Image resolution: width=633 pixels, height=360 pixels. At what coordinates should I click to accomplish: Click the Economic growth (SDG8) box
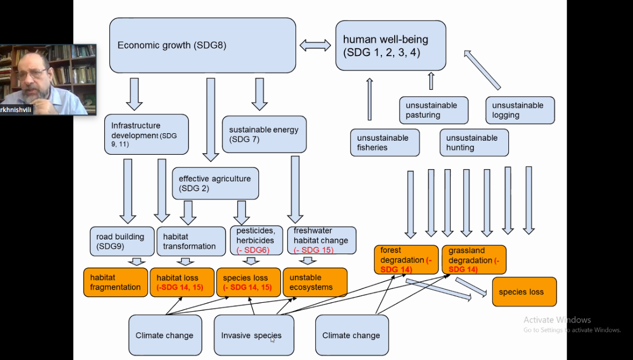pyautogui.click(x=202, y=45)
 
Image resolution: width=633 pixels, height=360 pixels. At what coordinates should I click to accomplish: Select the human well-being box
pyautogui.click(x=390, y=45)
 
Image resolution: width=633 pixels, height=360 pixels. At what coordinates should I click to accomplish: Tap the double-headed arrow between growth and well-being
pyautogui.click(x=315, y=45)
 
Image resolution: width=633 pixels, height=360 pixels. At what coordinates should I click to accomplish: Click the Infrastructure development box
pyautogui.click(x=146, y=134)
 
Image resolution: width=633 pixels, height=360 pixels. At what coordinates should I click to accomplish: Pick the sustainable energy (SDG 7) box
pyautogui.click(x=264, y=134)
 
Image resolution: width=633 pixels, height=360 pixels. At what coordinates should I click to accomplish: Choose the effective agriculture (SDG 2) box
pyautogui.click(x=215, y=184)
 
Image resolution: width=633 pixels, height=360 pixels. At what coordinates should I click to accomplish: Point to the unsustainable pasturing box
pyautogui.click(x=434, y=110)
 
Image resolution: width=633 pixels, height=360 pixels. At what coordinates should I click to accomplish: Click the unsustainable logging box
pyautogui.click(x=520, y=110)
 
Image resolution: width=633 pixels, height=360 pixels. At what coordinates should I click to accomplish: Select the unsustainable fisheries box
pyautogui.click(x=385, y=143)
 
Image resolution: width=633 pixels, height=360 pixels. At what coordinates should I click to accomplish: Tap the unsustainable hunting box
pyautogui.click(x=474, y=143)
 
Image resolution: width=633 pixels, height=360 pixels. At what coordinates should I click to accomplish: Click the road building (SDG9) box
pyautogui.click(x=121, y=241)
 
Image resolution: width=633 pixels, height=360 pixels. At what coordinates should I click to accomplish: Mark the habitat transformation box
pyautogui.click(x=190, y=241)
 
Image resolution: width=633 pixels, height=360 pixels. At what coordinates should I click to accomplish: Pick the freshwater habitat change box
pyautogui.click(x=321, y=241)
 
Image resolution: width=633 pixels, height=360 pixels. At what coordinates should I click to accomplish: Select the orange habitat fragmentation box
pyautogui.click(x=115, y=282)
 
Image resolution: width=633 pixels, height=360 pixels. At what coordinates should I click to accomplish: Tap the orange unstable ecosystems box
pyautogui.click(x=315, y=282)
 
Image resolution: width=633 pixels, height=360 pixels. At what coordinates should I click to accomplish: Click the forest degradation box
pyautogui.click(x=406, y=260)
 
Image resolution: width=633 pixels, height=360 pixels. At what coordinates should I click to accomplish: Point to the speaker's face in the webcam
pyautogui.click(x=33, y=78)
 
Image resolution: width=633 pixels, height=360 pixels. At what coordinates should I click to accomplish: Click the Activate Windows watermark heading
pyautogui.click(x=557, y=320)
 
